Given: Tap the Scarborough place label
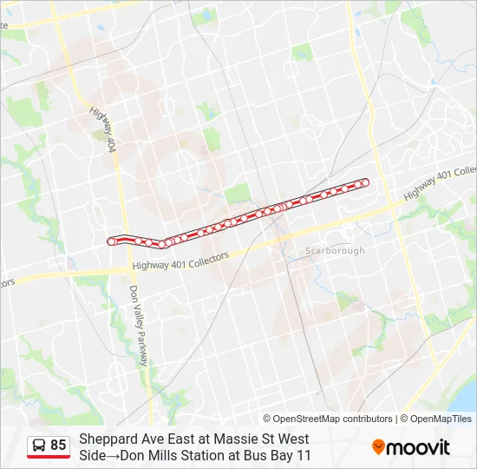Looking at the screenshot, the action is coord(336,250).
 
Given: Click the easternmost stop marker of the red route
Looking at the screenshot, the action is coord(365,182).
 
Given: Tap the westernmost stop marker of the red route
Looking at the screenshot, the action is coord(111,241).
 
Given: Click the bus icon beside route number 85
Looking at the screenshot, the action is coord(39,446).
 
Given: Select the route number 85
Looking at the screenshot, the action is coord(58,446).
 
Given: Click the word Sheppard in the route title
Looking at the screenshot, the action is coord(107,439).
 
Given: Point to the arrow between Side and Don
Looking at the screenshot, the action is coord(113,455).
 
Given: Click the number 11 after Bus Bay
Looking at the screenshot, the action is coord(304,455).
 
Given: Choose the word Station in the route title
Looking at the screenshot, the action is coord(203,455).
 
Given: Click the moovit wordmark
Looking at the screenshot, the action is coord(419,447).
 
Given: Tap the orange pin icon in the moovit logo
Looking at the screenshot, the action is coord(378,447).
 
